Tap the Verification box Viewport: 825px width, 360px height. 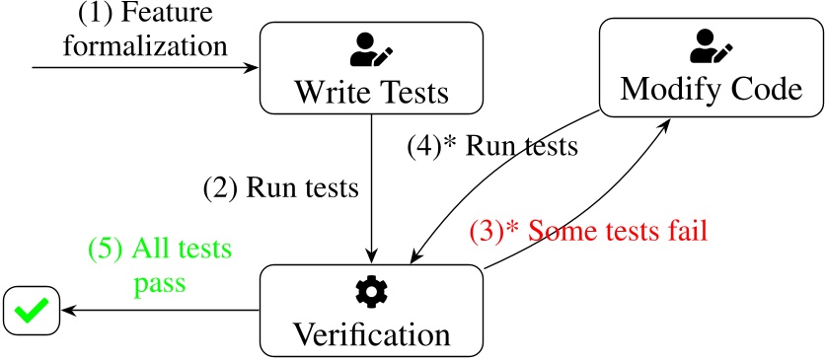(x=371, y=310)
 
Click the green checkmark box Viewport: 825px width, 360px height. (x=31, y=310)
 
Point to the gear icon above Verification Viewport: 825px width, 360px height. (x=371, y=290)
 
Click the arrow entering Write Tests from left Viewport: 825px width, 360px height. (x=148, y=68)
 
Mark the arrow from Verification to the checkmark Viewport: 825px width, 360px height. (x=158, y=310)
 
